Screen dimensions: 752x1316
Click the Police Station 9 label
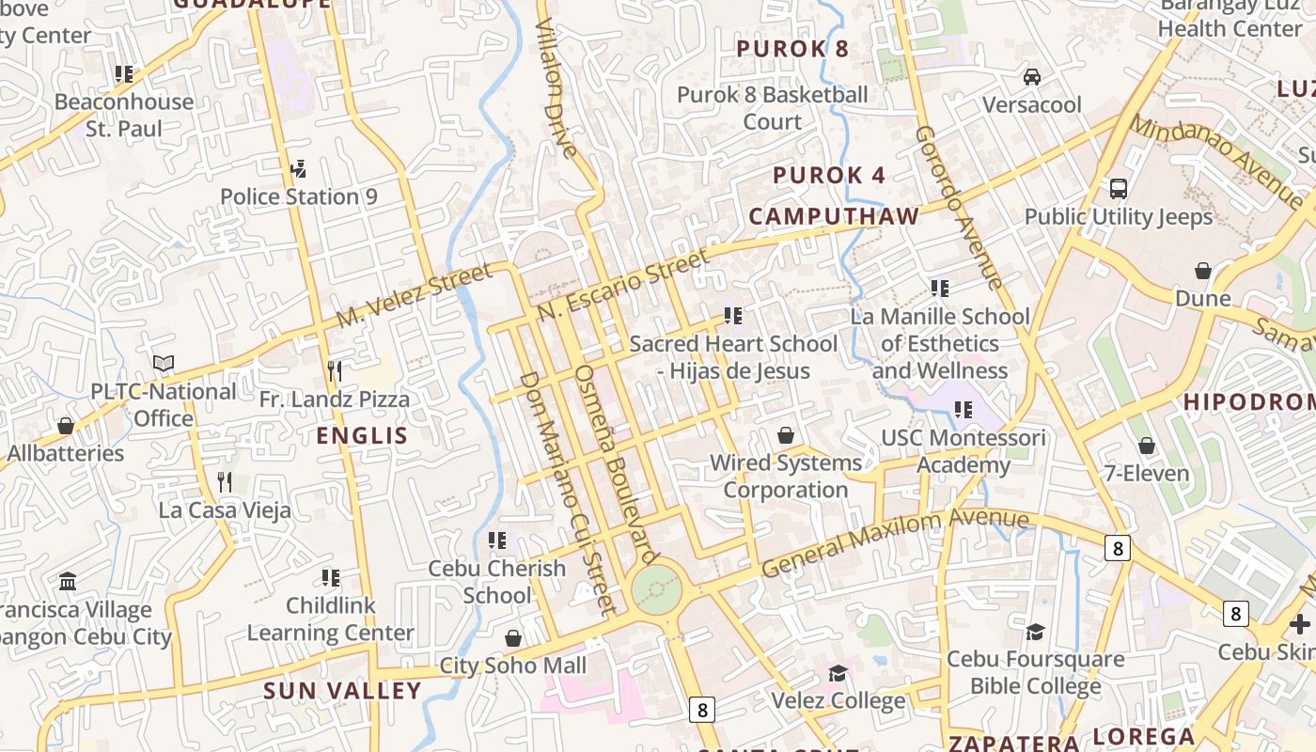point(298,196)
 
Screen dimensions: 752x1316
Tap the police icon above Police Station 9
point(298,169)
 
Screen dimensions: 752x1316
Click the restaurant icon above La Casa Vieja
point(225,482)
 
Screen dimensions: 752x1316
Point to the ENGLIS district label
point(362,435)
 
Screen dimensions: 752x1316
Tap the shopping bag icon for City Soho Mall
point(513,638)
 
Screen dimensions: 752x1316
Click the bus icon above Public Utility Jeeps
point(1119,188)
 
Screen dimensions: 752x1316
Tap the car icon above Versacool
point(1032,76)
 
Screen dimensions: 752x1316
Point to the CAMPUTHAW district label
point(834,216)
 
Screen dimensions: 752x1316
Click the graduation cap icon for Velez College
point(838,673)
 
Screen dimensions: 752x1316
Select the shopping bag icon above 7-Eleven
point(1146,446)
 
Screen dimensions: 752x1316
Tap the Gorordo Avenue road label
point(959,207)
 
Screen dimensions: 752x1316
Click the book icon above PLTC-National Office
point(164,363)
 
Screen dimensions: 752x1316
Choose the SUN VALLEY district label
point(342,691)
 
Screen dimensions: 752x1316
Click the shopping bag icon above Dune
point(1203,271)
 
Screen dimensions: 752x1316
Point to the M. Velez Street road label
point(415,294)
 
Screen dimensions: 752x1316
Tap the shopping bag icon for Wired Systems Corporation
point(786,435)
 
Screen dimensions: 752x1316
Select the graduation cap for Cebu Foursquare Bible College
point(1035,632)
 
